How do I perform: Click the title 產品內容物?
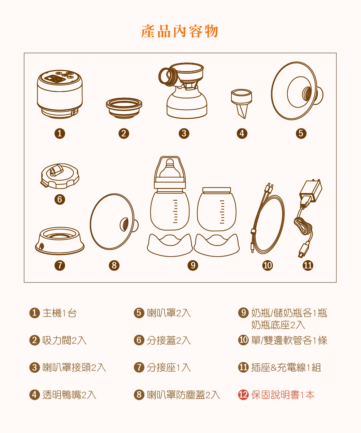[x=180, y=32]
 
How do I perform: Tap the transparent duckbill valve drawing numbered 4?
[x=242, y=102]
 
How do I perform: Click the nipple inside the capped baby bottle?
[x=170, y=169]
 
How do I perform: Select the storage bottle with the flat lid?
[x=217, y=209]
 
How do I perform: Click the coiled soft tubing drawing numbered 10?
[x=268, y=224]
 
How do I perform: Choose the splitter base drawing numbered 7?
[x=60, y=241]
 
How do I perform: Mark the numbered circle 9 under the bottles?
[x=193, y=266]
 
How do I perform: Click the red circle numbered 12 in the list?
[x=243, y=395]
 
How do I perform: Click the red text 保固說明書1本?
[x=283, y=395]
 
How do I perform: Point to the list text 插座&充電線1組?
[x=286, y=367]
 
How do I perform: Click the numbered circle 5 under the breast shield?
[x=301, y=134]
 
